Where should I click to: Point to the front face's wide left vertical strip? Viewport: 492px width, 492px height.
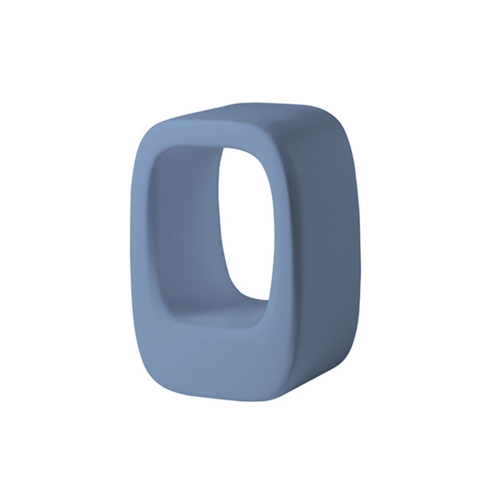click(143, 246)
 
